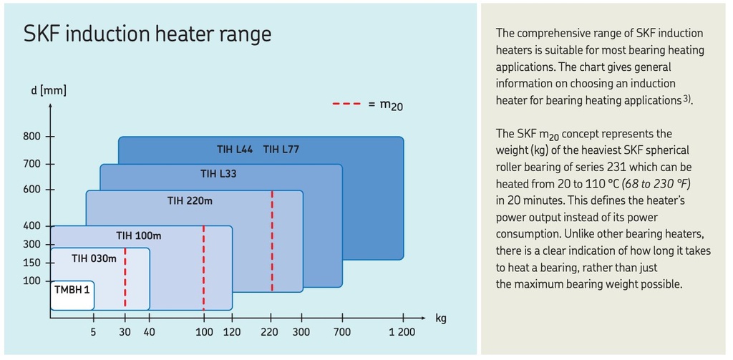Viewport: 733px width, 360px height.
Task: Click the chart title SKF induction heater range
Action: click(147, 34)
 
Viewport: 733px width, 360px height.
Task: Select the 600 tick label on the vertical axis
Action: click(34, 190)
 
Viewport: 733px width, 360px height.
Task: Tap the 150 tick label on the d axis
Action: click(34, 263)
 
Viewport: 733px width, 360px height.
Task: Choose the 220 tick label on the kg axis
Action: click(271, 332)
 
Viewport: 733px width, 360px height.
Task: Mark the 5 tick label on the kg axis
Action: click(93, 332)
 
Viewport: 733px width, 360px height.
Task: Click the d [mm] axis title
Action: click(48, 92)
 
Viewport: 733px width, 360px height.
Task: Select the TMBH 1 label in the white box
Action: click(72, 290)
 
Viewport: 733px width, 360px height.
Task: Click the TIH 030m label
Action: click(93, 258)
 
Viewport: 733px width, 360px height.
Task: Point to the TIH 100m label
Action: click(139, 235)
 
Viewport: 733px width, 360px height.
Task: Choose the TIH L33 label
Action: click(218, 173)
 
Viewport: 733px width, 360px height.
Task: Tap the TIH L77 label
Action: click(281, 150)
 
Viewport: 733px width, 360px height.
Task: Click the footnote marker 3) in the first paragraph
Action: click(686, 99)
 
